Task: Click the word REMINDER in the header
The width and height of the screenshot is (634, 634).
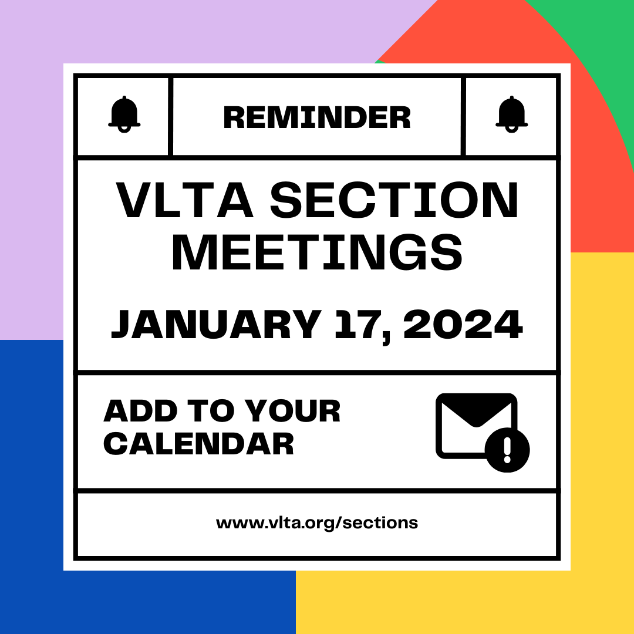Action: tap(317, 117)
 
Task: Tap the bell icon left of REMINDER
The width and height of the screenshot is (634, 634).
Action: tap(124, 114)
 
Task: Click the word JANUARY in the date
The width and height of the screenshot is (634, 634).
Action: tap(216, 325)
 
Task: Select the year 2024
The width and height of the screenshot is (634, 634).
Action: tap(463, 325)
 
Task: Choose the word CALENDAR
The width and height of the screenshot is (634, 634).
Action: tap(198, 444)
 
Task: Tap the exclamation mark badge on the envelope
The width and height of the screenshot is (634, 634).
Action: tap(508, 450)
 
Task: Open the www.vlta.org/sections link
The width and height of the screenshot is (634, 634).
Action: tap(317, 523)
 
